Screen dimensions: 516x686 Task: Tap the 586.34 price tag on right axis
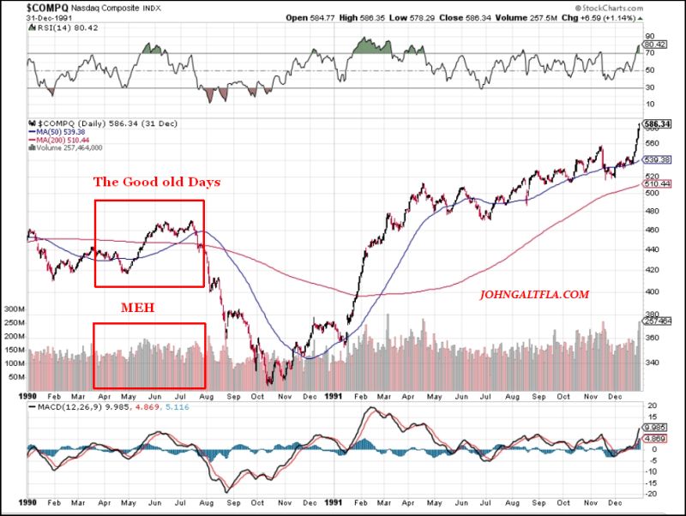(x=659, y=124)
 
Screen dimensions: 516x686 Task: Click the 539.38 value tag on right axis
(x=659, y=159)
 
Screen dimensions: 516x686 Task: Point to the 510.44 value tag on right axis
(x=659, y=183)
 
